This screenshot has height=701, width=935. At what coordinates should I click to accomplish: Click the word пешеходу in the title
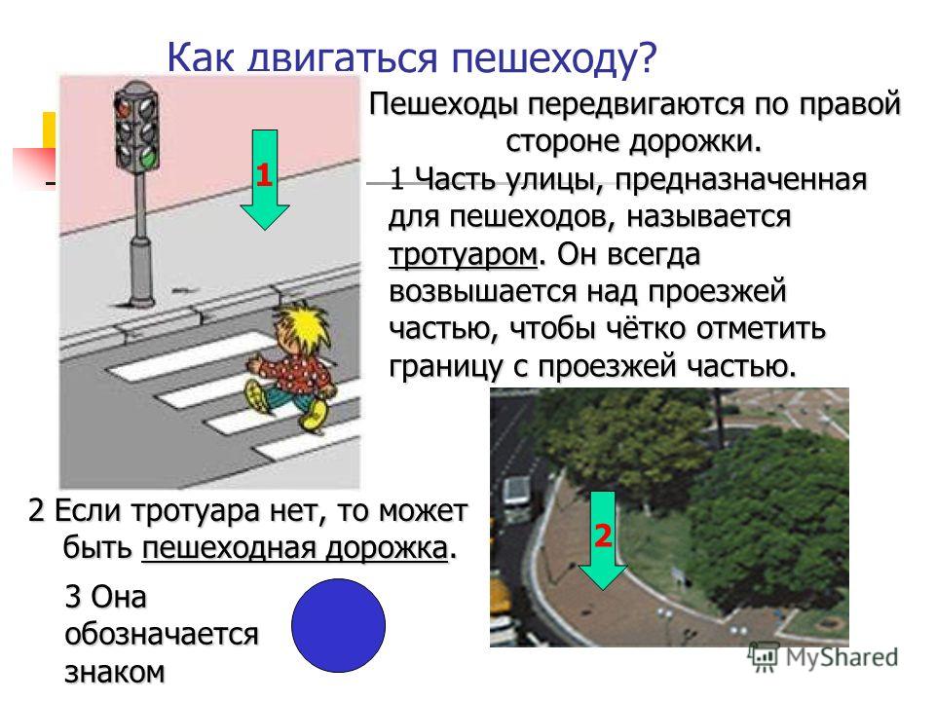[x=553, y=57]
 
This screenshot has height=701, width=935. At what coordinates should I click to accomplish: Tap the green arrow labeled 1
[x=264, y=179]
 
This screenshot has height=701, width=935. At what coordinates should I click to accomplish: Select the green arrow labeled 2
[x=603, y=540]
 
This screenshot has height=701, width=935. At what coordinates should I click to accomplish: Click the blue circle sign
[x=338, y=625]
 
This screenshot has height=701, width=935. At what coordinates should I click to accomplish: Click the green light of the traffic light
[x=148, y=158]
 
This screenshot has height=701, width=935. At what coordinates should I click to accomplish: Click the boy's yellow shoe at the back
[x=255, y=397]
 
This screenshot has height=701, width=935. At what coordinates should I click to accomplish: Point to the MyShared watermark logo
[x=824, y=656]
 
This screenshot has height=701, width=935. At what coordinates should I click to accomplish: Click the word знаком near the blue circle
[x=115, y=672]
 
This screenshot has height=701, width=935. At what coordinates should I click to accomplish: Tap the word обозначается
[x=161, y=634]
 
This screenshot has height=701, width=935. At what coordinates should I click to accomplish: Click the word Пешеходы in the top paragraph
[x=448, y=105]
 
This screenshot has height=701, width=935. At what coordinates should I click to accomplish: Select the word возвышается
[x=483, y=292]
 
